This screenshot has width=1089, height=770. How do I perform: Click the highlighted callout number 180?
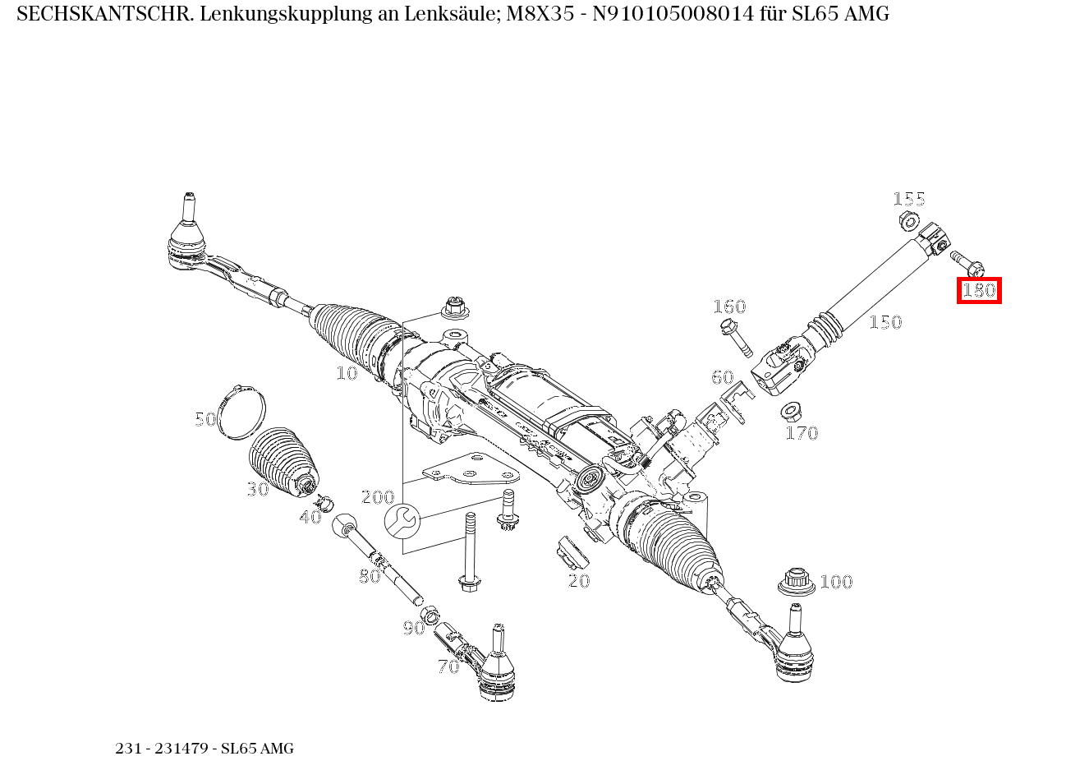pos(978,290)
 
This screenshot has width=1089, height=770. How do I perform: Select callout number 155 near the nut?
pos(908,199)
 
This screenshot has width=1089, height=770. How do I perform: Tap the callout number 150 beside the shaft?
pos(885,322)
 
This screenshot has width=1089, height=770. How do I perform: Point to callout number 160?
pos(728,307)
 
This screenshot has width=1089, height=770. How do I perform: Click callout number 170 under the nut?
pos(802,433)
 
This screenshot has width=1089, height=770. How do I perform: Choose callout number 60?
pos(722,377)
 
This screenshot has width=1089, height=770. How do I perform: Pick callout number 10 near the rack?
pos(347,373)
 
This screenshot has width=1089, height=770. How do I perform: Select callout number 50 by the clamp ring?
pos(205,419)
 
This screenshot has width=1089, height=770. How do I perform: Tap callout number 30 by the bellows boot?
pos(258,489)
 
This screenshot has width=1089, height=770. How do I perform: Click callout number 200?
pos(378,497)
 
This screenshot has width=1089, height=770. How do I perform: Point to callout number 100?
pos(836,582)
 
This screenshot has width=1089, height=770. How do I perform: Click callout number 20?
pos(579,581)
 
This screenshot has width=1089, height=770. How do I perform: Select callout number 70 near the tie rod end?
pos(448,666)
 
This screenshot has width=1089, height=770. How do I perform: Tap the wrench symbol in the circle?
pos(402,521)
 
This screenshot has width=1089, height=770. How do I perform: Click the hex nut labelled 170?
pos(791,409)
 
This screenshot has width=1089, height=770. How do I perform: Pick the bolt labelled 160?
pos(737,337)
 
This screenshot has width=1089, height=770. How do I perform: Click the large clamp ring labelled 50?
pos(241,409)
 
